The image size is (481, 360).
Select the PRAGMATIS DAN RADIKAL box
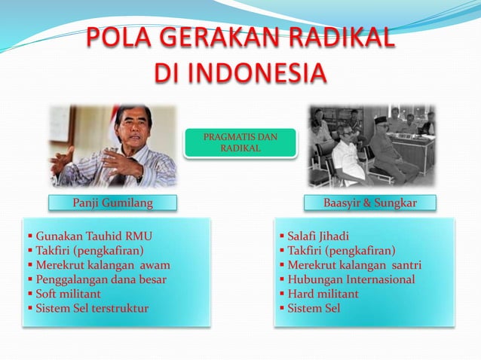point(240,143)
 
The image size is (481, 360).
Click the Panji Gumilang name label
point(112,203)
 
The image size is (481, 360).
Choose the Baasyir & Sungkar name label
point(369,203)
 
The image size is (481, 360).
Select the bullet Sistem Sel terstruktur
point(91,308)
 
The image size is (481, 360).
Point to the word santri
point(406,265)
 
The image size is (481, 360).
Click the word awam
point(155,265)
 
